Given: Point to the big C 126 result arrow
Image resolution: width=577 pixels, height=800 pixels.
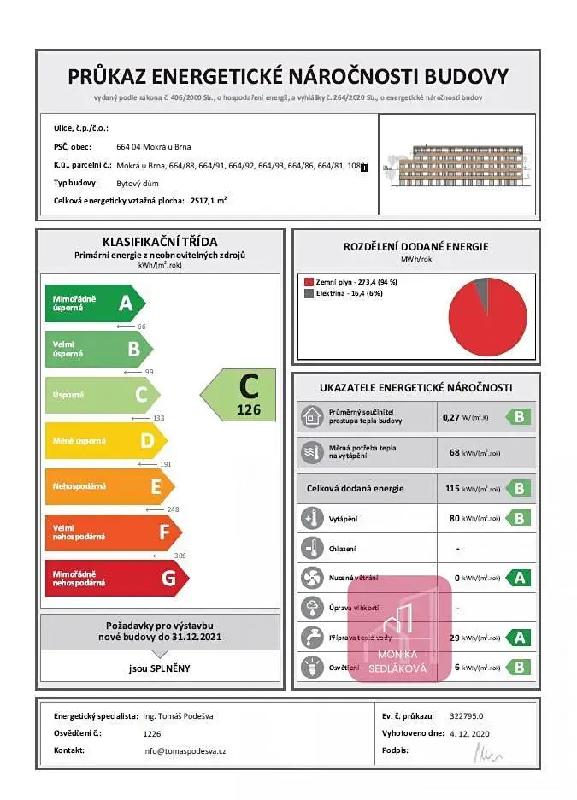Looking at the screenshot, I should coord(240,395).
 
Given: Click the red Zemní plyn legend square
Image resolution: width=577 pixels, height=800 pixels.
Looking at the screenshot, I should coord(309,281).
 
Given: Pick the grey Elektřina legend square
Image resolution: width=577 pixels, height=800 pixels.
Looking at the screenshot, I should coord(309,293).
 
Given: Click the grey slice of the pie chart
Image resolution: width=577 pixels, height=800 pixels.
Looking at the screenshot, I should coord(482,291).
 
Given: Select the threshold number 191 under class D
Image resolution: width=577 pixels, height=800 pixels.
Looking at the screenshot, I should coord(165,464).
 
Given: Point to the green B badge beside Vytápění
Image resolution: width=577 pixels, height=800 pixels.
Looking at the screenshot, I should coord(518,518).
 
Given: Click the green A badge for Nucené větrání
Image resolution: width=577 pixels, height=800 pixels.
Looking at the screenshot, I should coord(518,578).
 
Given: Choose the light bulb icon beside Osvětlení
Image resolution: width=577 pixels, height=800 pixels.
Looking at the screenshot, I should coord(310,667).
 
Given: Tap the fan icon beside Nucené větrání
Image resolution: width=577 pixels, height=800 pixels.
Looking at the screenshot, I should coord(310,578).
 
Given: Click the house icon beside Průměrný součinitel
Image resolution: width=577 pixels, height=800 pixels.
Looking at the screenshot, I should coord(310,417).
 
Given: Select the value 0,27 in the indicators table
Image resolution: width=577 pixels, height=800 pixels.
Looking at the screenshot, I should coord(450,417).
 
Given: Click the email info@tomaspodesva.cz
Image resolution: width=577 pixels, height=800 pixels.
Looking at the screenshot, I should coord(184,750).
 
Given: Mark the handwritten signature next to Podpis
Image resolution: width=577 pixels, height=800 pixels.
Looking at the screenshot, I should coord(489,752).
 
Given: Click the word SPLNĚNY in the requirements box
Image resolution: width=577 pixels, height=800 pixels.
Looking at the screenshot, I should coord(171,668).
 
